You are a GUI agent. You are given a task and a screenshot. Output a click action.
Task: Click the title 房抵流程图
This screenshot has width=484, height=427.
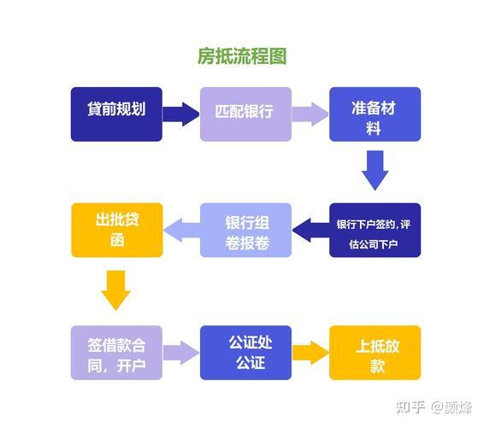(x=241, y=57)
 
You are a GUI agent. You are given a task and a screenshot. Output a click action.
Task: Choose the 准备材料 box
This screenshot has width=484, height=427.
(x=375, y=114)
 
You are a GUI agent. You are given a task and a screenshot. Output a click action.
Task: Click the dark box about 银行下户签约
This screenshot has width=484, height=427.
(x=375, y=231)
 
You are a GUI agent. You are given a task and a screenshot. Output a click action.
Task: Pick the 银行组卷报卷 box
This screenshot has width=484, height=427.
(x=245, y=231)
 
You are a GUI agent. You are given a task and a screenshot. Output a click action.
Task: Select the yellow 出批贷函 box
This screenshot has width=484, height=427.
(x=115, y=231)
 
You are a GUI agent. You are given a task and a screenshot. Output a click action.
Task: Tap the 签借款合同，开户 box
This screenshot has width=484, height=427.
(x=115, y=353)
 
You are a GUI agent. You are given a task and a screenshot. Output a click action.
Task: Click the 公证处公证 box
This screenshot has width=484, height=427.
(x=245, y=353)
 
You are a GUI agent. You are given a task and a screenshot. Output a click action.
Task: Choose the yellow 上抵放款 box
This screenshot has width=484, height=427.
(x=375, y=353)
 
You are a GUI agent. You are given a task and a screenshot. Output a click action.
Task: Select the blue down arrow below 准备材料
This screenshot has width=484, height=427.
(x=375, y=170)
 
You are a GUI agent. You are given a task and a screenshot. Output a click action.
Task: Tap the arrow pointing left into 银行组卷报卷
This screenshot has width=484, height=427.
(x=310, y=228)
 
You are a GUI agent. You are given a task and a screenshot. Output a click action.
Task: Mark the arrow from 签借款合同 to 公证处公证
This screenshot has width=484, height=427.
(x=180, y=351)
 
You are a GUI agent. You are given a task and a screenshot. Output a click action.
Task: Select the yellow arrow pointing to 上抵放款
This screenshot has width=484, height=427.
(x=310, y=351)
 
